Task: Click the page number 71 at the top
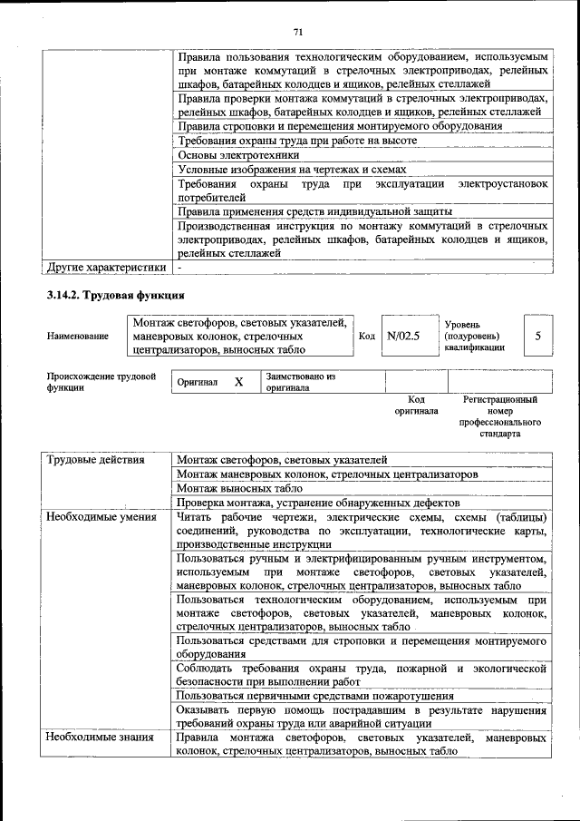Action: click(297, 33)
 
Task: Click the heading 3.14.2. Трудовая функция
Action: click(115, 296)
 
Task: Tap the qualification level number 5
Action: click(537, 336)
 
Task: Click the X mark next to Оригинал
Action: click(238, 382)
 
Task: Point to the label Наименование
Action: click(76, 336)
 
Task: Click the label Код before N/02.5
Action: click(367, 336)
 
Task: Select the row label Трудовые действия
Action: click(96, 459)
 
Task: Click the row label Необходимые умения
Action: click(101, 517)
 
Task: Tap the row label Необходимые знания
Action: click(100, 738)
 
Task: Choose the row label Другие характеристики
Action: click(106, 268)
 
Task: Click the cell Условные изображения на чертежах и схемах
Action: click(291, 170)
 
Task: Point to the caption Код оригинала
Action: click(416, 405)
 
